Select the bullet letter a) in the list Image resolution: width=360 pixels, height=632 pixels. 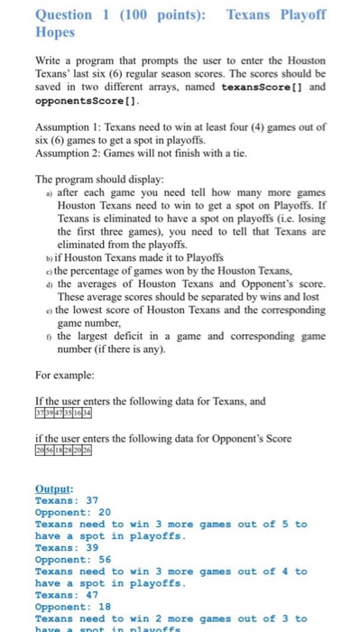point(48,193)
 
